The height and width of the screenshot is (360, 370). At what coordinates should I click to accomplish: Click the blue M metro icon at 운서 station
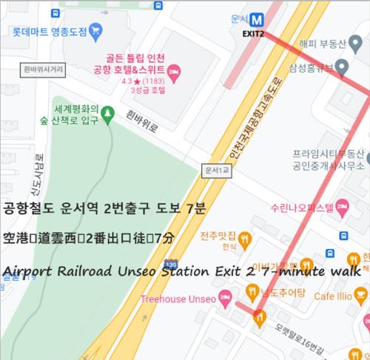[257, 21]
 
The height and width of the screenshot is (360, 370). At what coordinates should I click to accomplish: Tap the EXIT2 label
[254, 34]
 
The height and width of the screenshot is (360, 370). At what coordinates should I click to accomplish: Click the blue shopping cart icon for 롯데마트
[96, 31]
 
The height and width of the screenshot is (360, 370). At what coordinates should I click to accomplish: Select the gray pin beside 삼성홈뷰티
[341, 69]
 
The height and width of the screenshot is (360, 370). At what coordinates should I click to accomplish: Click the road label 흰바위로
[143, 123]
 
